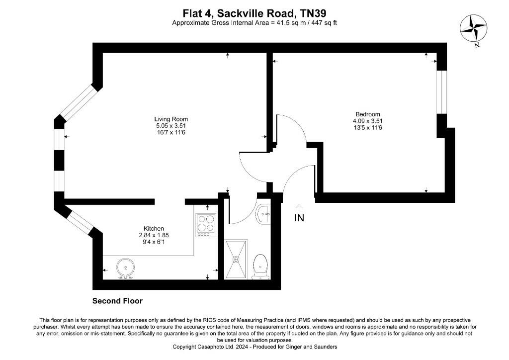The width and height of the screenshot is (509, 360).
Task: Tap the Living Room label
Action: [171, 119]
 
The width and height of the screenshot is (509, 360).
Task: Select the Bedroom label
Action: [368, 114]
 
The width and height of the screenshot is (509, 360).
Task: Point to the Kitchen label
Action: [154, 228]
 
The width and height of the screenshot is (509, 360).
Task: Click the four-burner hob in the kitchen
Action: [206, 225]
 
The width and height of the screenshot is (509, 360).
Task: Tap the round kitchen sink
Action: [126, 268]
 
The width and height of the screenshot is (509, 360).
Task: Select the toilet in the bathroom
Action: [260, 266]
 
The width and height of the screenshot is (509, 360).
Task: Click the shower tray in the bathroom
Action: [237, 259]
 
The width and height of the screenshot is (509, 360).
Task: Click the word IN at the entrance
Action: [299, 218]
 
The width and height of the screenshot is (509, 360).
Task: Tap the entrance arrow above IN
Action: [299, 206]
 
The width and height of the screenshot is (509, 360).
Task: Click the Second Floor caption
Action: [118, 301]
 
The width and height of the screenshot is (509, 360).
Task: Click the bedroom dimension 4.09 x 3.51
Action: [368, 121]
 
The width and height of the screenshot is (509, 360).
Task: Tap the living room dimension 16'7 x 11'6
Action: [171, 132]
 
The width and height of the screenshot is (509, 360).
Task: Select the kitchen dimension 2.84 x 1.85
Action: [154, 235]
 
